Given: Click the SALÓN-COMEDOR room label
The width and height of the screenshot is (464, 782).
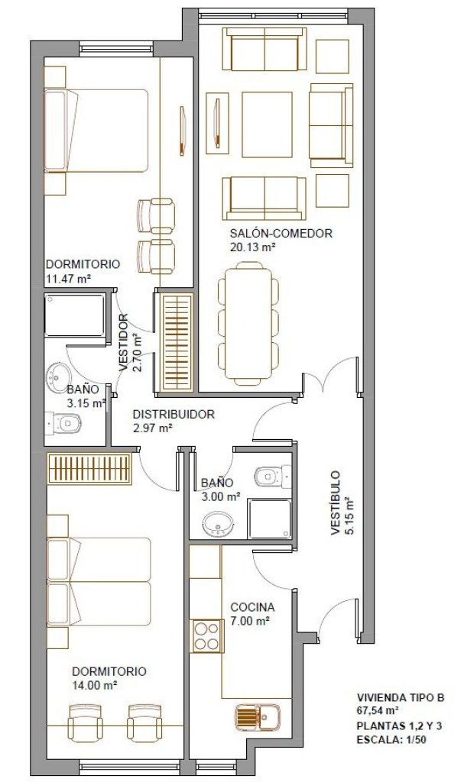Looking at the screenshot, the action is pos(281,233).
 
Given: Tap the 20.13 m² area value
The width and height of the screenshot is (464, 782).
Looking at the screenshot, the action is pos(253,247).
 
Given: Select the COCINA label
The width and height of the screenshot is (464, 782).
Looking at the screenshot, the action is pos(252,607).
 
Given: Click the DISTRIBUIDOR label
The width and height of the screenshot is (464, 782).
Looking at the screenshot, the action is pos(174,414).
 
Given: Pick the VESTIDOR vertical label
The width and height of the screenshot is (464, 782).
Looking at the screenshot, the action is pos(123,341).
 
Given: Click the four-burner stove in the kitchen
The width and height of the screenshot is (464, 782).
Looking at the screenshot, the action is pos(207,635).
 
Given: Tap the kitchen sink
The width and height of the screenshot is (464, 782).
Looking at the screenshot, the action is pos(258,716).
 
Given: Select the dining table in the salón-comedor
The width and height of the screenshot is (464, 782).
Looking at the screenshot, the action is pos(248,324).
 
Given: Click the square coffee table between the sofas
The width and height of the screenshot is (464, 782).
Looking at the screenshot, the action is pos(268,124).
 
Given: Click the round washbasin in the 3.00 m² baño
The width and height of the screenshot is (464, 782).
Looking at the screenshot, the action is pos(217,524).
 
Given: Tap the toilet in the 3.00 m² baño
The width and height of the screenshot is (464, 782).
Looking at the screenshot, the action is pos(271,476).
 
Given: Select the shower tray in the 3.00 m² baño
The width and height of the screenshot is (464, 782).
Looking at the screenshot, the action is pos(270,519).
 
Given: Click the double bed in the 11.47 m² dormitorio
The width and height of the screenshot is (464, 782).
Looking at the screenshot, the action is pos(96,131).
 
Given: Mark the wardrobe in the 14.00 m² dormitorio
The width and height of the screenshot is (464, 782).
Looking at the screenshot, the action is pos(89,468).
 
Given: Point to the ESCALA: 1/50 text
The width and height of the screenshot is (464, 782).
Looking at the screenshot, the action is pos(391,739).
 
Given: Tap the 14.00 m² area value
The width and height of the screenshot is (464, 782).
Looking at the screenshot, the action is pos(95,685).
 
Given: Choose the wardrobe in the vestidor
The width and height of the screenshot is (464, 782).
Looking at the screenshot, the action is pos(178,341).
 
